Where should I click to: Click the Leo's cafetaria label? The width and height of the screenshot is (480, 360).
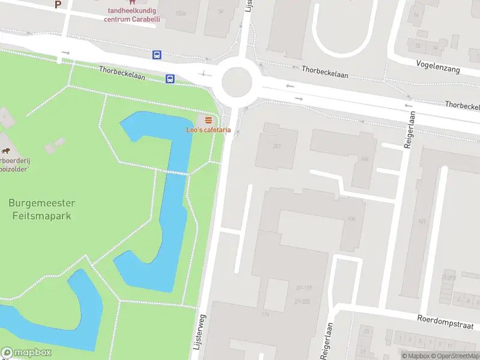[x=208, y=130]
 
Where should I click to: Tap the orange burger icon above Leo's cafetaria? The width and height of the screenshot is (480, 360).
[x=208, y=121]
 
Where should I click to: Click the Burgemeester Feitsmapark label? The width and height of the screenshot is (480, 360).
[x=40, y=209]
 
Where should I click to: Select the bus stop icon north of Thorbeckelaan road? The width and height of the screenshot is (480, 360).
[x=157, y=55]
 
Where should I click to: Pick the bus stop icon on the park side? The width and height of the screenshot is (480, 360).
[x=170, y=79]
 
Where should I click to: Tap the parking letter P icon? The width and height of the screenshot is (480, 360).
[x=58, y=4]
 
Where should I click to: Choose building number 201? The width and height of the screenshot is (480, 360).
[x=277, y=146]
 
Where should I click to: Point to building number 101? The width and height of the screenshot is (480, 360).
[x=422, y=222]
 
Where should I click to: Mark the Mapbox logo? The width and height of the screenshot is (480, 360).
[x=26, y=353]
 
